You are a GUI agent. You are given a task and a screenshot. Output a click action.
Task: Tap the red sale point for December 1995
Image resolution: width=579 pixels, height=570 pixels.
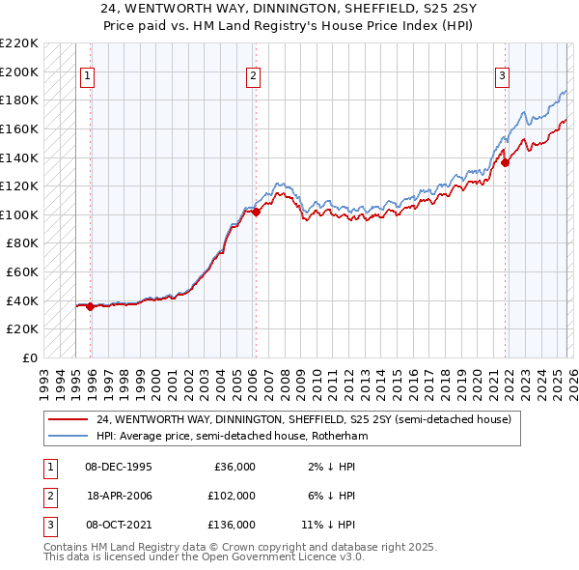coord(90,306)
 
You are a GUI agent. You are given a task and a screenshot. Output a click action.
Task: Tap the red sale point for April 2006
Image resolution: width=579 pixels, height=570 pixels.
coord(256,212)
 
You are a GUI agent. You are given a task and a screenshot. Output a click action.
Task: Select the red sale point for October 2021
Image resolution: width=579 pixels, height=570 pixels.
coord(505,163)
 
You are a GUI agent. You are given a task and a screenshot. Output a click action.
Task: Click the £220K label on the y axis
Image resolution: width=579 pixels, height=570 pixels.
coord(21,43)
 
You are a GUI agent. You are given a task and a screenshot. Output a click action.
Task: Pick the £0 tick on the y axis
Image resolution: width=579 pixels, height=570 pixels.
coord(29,357)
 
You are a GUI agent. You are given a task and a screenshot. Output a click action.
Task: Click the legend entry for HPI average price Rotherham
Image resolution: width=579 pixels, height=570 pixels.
coord(232,436)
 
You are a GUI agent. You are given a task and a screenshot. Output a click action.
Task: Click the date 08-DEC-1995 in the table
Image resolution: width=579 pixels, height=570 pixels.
coord(118,467)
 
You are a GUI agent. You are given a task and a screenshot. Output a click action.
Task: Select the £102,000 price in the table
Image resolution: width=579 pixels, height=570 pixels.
coord(233,496)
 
